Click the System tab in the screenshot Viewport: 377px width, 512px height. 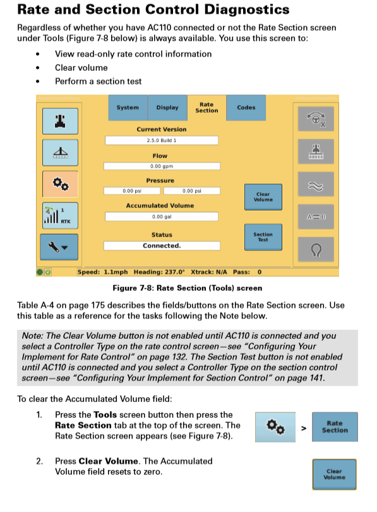click(128, 107)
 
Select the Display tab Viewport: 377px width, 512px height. click(167, 107)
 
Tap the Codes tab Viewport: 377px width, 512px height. click(246, 107)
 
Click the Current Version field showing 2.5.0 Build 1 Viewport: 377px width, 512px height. click(162, 140)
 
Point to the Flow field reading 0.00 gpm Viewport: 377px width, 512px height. click(162, 166)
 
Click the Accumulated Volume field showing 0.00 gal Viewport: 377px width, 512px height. click(162, 217)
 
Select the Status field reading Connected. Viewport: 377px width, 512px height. click(162, 246)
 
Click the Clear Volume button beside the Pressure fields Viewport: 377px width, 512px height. click(263, 197)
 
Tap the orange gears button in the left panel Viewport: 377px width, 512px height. click(61, 184)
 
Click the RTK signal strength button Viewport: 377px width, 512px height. click(61, 216)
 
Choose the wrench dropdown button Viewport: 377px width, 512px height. click(59, 247)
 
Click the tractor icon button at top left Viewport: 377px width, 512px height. click(61, 121)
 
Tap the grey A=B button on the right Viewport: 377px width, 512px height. click(316, 217)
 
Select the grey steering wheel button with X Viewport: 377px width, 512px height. click(316, 119)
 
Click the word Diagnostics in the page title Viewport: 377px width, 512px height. click(247, 9)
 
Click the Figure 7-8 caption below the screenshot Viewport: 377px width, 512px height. click(188, 288)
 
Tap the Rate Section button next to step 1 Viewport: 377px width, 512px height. click(335, 427)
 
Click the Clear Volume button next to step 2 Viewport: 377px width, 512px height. click(334, 475)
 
